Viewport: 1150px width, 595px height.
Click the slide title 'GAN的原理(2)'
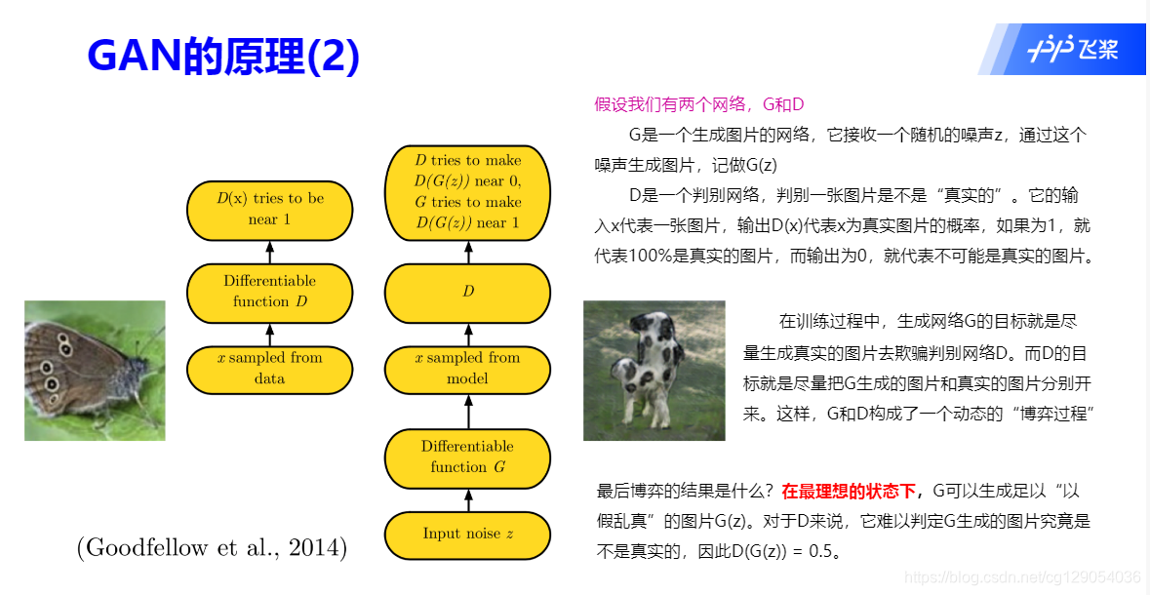coord(223,56)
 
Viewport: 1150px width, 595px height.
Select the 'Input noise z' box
coord(467,535)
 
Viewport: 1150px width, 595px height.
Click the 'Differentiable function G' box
coord(467,457)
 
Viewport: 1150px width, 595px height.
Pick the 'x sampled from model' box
coord(467,369)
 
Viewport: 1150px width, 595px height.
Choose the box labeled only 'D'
coord(467,293)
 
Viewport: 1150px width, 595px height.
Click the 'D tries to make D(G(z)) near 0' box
coord(467,192)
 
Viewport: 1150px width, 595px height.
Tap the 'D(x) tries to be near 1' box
coord(270,211)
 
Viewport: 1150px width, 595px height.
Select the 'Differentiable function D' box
coord(270,293)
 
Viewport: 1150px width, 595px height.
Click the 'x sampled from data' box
coord(270,369)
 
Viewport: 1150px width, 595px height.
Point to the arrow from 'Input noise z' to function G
coord(468,500)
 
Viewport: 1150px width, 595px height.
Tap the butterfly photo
coord(95,371)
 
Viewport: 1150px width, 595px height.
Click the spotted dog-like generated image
coord(654,371)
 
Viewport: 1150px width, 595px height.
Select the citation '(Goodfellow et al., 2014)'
coord(212,548)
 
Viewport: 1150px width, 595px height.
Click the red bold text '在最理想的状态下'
coord(849,491)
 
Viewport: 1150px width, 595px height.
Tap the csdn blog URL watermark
coord(1022,577)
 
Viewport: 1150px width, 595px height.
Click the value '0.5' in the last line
coord(820,551)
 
